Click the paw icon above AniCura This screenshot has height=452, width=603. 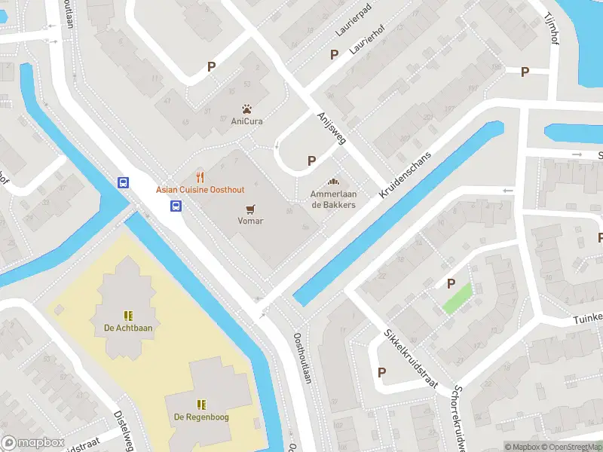pos(246,108)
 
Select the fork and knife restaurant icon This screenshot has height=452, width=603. pos(200,177)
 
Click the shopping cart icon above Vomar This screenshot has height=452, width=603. pos(250,209)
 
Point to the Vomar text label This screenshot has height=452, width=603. pos(250,221)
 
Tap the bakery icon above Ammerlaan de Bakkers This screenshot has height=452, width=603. pos(333,182)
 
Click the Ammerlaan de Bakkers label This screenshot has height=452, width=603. pos(333,200)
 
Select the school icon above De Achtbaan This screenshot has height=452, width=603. pos(128,316)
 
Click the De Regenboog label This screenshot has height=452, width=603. pos(201,417)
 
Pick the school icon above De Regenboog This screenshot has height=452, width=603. pos(201,405)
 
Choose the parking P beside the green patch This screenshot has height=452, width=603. pos(451,284)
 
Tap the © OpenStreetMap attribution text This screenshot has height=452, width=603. pos(571,447)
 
